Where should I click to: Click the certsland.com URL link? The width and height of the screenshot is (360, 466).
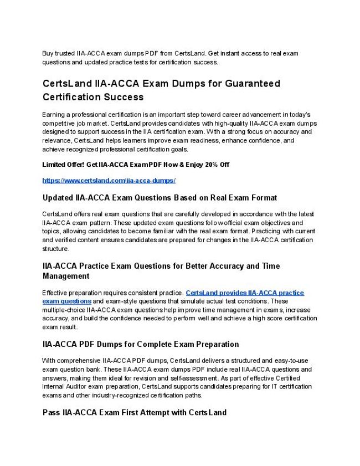[109, 181]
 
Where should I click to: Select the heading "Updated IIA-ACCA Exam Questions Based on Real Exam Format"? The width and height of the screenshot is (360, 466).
[160, 198]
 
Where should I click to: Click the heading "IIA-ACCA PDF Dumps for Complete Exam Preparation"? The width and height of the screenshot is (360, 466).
[141, 344]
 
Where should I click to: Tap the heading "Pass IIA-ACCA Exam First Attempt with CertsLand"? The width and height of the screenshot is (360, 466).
[134, 413]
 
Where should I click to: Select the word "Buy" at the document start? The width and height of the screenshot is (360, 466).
[49, 53]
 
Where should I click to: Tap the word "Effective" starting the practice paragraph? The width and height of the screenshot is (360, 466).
[57, 293]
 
